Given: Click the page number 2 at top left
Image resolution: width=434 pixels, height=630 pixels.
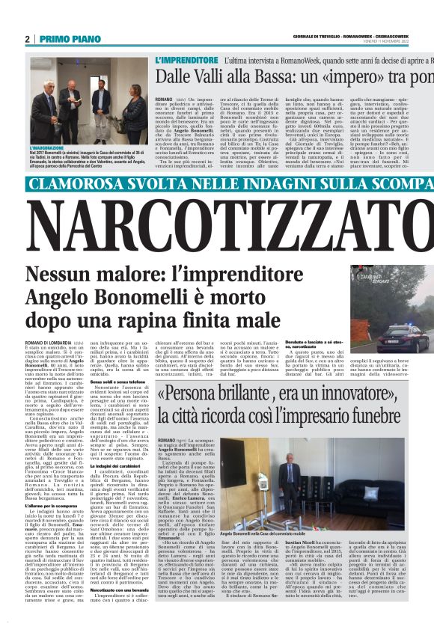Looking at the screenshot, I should [28, 38].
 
